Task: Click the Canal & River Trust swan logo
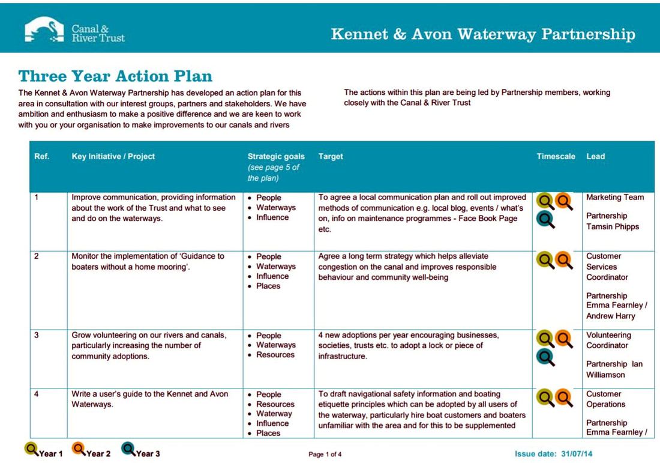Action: point(44,29)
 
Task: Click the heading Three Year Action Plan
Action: point(115,76)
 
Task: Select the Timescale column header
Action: point(556,156)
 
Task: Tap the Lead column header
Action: point(595,156)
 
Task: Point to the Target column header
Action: point(331,156)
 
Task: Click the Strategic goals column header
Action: point(276,157)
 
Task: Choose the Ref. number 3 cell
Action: point(37,335)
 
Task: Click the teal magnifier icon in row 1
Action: point(545,219)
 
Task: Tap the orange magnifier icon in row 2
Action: point(563,260)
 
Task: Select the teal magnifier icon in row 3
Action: point(545,357)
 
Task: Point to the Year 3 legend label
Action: point(148,454)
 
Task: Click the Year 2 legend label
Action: point(98,454)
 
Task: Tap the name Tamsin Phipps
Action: point(613,226)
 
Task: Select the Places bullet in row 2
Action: point(268,286)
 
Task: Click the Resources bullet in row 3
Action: point(275,355)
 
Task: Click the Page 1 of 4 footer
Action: point(325,455)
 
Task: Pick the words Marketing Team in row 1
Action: point(615,197)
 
